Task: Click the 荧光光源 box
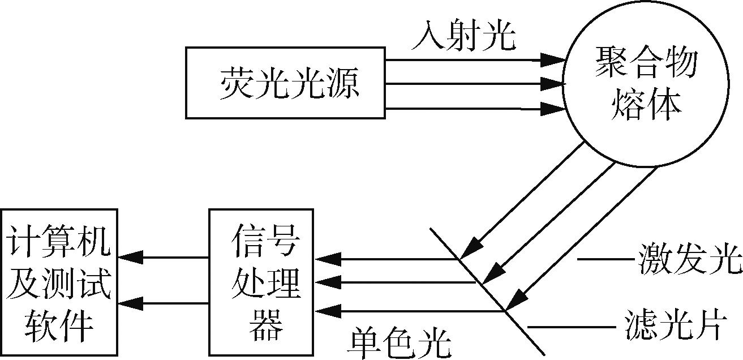[285, 83]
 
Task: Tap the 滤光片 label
[673, 327]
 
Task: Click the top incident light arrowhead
[552, 59]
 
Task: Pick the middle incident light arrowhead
[552, 84]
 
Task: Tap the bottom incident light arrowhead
[552, 108]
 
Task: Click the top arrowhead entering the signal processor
[329, 260]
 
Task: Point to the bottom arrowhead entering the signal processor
[329, 310]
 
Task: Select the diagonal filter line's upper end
[431, 229]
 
